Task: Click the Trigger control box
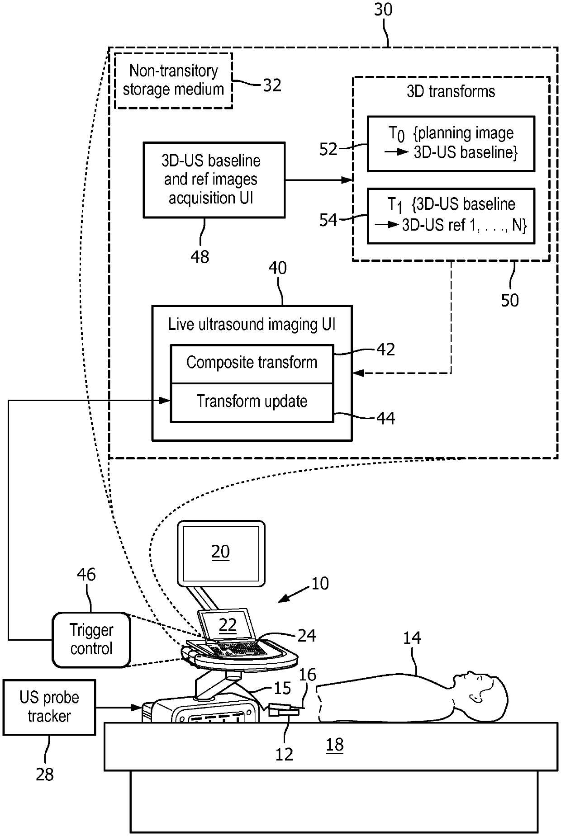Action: [91, 640]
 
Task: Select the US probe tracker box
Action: [49, 707]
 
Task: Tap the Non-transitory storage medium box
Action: [174, 80]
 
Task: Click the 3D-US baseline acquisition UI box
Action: [214, 180]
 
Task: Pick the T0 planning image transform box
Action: [451, 144]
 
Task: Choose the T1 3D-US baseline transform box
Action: [451, 216]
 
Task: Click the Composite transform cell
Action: [252, 364]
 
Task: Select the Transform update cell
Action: [252, 402]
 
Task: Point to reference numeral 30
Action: [384, 9]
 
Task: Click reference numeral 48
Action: [200, 257]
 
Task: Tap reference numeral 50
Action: [510, 300]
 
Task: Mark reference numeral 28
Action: [45, 775]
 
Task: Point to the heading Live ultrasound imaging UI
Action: [252, 325]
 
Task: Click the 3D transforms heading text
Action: [451, 92]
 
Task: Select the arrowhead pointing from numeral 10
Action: [283, 598]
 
